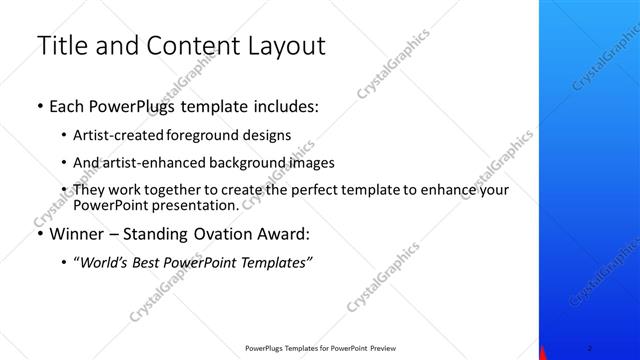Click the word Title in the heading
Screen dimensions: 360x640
(60, 46)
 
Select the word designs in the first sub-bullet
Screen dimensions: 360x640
(262, 134)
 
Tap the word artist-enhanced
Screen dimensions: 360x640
(151, 162)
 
